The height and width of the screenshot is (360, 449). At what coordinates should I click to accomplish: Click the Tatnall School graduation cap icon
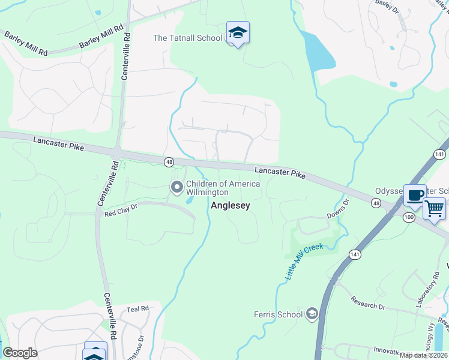[x=238, y=33]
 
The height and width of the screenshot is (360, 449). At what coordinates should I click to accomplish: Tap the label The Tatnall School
[x=187, y=38]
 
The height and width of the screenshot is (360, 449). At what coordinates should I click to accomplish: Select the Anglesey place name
[x=230, y=205]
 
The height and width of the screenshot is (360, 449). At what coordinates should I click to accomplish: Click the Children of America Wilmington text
[x=223, y=188]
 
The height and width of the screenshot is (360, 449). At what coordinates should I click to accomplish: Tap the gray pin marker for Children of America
[x=177, y=188]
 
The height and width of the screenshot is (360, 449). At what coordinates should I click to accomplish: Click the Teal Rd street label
[x=137, y=309]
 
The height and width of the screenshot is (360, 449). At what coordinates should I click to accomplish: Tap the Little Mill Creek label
[x=304, y=261]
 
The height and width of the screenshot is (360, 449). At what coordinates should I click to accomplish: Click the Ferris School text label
[x=279, y=314]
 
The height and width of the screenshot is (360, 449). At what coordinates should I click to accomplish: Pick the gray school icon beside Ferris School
[x=312, y=313]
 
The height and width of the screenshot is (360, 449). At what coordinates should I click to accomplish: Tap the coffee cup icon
[x=415, y=195]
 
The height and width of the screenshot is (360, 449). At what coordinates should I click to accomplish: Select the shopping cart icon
[x=434, y=209]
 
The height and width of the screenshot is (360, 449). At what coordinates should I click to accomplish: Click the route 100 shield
[x=408, y=217]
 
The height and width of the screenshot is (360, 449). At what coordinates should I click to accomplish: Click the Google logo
[x=20, y=353]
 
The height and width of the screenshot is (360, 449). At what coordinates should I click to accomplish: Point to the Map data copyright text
[x=423, y=355]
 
